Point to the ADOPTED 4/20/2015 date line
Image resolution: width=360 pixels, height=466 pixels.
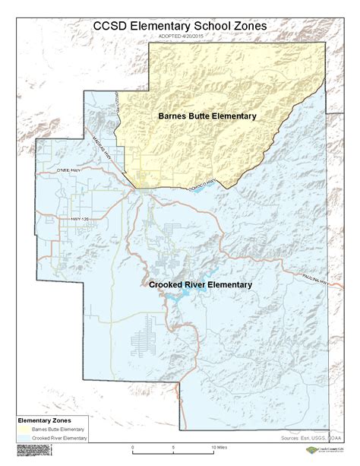click(x=179, y=36)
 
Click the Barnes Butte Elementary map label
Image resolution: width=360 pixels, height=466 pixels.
click(x=207, y=116)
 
